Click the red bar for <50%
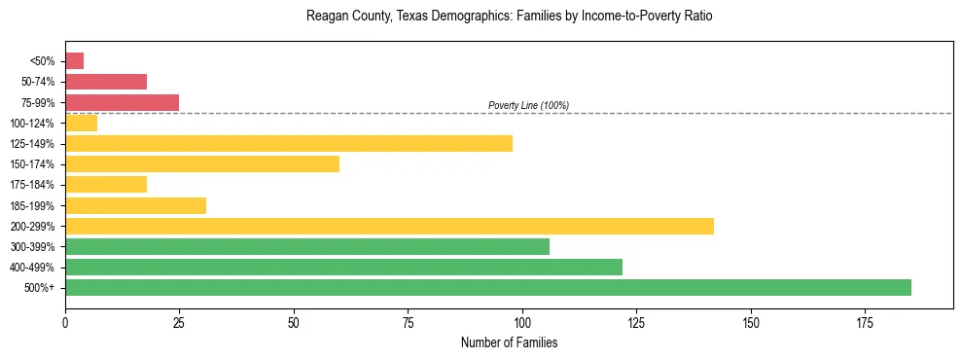[x=74, y=61]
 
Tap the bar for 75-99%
[x=122, y=102]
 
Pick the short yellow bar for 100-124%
[x=81, y=123]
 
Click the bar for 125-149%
[x=289, y=144]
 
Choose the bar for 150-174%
[x=202, y=164]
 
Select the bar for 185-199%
[x=135, y=205]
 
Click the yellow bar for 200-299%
[x=389, y=226]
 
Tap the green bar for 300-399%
[x=307, y=246]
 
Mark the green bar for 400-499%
[x=343, y=267]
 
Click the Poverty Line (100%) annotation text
[x=528, y=105]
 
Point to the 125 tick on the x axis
[x=636, y=322]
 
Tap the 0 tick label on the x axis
[x=65, y=322]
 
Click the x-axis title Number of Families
[x=509, y=342]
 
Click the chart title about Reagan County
[x=509, y=17]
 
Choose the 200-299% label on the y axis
[x=35, y=226]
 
